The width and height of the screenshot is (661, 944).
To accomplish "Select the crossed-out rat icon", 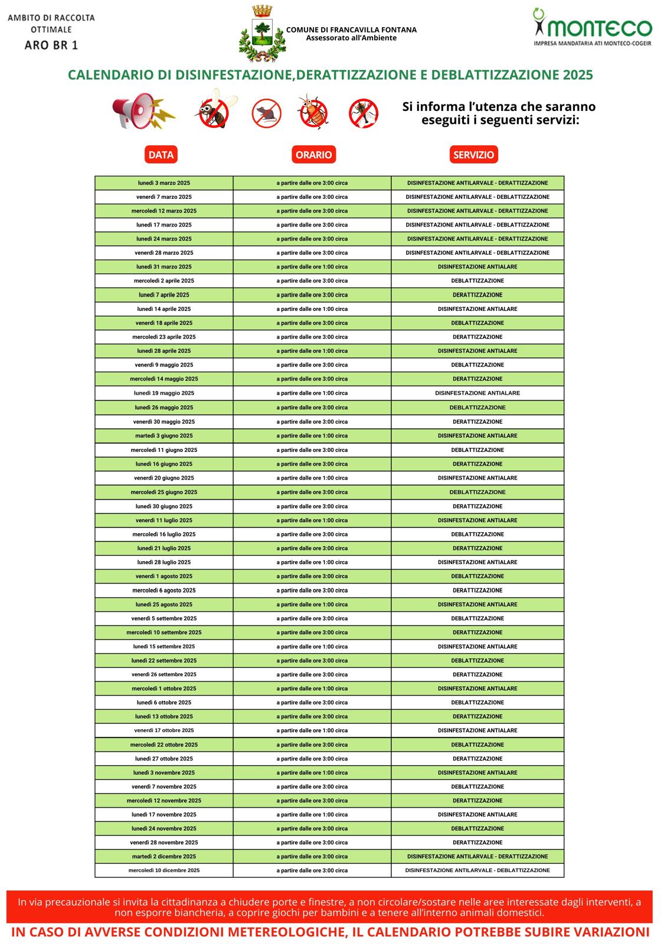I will [x=266, y=113].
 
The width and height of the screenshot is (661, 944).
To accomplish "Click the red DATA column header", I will [x=161, y=155].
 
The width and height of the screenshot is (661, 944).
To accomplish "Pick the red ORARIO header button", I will [x=313, y=155].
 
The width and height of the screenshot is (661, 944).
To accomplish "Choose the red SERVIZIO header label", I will [x=473, y=155].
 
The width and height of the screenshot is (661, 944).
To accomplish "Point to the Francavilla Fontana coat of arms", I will [x=262, y=33].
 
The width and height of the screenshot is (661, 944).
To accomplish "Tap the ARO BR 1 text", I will [x=51, y=45].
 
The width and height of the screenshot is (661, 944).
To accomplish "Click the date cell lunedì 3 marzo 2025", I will [x=164, y=183].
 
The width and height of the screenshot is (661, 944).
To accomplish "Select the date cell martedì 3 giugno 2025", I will [x=164, y=436].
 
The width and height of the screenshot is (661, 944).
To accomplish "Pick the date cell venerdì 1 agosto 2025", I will [x=164, y=576].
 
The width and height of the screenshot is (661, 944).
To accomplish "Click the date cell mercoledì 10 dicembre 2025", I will [x=164, y=870].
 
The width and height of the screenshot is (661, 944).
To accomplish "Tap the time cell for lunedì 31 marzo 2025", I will [x=312, y=267].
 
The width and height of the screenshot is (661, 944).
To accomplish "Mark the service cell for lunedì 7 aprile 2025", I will [x=477, y=295].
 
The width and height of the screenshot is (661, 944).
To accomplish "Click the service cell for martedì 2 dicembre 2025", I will [x=477, y=857].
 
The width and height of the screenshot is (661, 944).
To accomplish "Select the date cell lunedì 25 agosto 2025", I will [x=164, y=605].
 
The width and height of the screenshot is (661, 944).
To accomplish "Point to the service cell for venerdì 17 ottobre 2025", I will [x=477, y=730].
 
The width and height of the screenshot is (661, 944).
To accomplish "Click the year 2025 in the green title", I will [x=577, y=75].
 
